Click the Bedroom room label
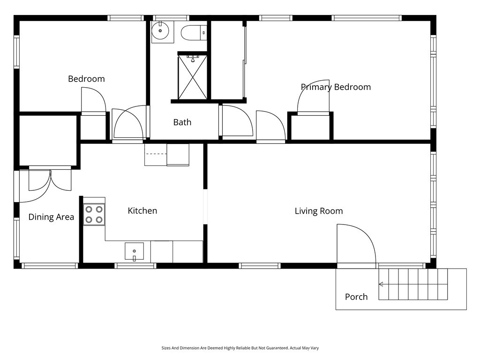86,79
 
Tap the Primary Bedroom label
336,87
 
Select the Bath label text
182,122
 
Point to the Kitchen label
142,210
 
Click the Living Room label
319,211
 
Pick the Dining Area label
51,217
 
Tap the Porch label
356,297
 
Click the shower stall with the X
193,77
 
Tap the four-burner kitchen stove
94,215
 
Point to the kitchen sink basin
134,251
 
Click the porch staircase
413,284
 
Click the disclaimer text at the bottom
240,348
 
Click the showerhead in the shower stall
193,59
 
